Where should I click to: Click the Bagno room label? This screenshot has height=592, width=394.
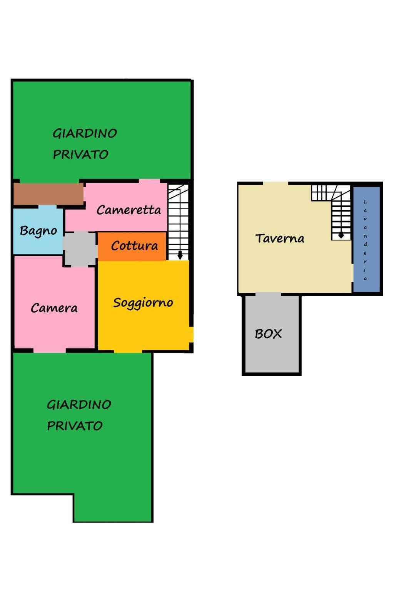click(38, 231)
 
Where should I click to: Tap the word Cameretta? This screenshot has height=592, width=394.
click(129, 210)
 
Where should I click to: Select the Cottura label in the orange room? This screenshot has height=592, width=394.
click(135, 246)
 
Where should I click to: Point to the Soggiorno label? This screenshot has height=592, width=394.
click(143, 303)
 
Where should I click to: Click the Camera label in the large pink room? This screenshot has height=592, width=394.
click(54, 308)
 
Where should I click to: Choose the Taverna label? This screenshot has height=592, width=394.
click(280, 239)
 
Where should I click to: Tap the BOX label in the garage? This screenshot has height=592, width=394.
click(268, 334)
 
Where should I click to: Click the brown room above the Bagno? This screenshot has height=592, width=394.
click(48, 193)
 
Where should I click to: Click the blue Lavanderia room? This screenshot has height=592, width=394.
click(366, 239)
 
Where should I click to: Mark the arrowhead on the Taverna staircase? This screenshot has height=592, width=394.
click(341, 235)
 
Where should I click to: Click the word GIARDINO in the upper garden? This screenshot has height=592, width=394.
click(85, 133)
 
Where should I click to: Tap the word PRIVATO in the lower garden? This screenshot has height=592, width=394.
click(75, 426)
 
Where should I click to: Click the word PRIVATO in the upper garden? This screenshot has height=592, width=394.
click(81, 154)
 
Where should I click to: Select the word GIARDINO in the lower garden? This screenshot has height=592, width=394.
click(79, 405)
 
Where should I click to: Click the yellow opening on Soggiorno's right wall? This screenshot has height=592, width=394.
click(192, 335)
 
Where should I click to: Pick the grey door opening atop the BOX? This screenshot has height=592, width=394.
click(268, 294)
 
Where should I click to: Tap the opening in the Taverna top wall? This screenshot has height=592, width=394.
click(275, 183)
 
